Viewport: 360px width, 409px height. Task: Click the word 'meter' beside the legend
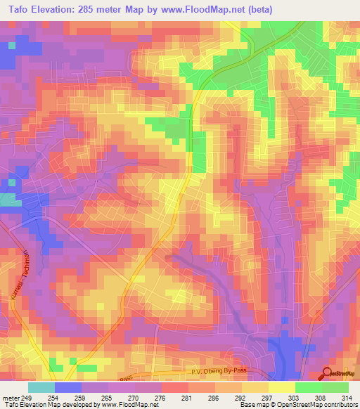(11, 397)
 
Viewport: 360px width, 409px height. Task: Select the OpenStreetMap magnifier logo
(328, 374)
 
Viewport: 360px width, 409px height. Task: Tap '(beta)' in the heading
(269, 9)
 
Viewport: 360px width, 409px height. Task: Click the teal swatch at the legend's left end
(41, 387)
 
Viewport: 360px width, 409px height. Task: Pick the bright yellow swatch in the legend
(282, 387)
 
